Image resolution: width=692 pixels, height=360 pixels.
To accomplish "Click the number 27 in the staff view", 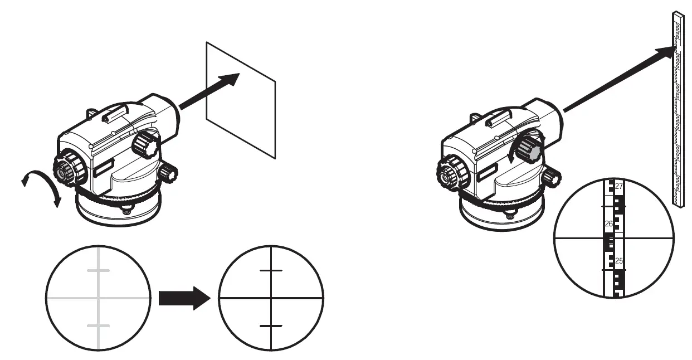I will tap(618, 186).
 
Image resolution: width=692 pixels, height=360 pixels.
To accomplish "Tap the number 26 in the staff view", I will tap(609, 223).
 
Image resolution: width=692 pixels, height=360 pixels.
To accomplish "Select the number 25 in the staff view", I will tap(618, 260).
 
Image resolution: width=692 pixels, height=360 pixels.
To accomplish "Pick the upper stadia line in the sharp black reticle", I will tap(271, 270).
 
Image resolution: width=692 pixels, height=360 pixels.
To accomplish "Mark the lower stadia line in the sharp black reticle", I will tap(271, 325).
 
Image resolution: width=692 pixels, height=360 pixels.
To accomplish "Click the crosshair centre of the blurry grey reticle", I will tap(99, 298).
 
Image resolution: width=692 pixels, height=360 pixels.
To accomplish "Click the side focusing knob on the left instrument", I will tap(146, 144).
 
